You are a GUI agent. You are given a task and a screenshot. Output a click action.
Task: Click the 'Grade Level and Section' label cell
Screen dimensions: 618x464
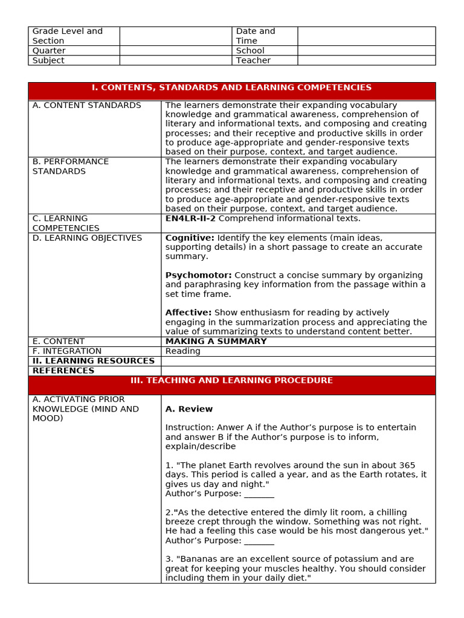[67, 36]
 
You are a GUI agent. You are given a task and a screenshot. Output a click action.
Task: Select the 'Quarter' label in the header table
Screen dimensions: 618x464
[49, 51]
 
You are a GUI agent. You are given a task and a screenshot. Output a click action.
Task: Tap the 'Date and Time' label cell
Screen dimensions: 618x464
[256, 36]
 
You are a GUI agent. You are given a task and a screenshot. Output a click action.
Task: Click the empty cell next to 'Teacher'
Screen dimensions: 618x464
[366, 60]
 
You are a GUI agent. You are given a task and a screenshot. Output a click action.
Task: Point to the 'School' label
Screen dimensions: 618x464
[250, 51]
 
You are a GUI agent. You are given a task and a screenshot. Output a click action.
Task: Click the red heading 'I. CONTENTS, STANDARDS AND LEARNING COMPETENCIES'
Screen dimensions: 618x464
[231, 88]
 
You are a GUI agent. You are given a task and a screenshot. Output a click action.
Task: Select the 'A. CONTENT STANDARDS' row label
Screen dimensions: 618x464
[86, 105]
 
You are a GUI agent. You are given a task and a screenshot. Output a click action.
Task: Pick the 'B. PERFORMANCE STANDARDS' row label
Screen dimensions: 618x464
[71, 167]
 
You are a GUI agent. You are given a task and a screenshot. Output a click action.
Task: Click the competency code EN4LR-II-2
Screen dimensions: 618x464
[190, 218]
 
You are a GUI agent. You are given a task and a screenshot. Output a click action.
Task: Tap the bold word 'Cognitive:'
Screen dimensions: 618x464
[190, 238]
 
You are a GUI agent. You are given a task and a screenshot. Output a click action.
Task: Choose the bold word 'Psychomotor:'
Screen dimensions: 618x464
[199, 275]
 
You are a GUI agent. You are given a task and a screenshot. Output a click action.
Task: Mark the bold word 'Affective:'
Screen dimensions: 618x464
[188, 313]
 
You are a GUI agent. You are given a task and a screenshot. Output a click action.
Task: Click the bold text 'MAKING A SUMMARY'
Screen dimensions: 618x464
[216, 342]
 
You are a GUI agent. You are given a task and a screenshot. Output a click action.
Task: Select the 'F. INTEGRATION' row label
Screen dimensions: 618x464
[67, 351]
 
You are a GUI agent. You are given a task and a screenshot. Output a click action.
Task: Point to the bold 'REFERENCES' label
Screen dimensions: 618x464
[63, 371]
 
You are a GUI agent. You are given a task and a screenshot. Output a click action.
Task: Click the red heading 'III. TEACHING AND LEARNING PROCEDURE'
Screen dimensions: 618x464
[231, 381]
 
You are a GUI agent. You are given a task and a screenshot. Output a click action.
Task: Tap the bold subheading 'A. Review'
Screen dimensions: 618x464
[189, 409]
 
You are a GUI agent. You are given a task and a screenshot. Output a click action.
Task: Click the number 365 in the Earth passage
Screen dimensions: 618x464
[407, 465]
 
